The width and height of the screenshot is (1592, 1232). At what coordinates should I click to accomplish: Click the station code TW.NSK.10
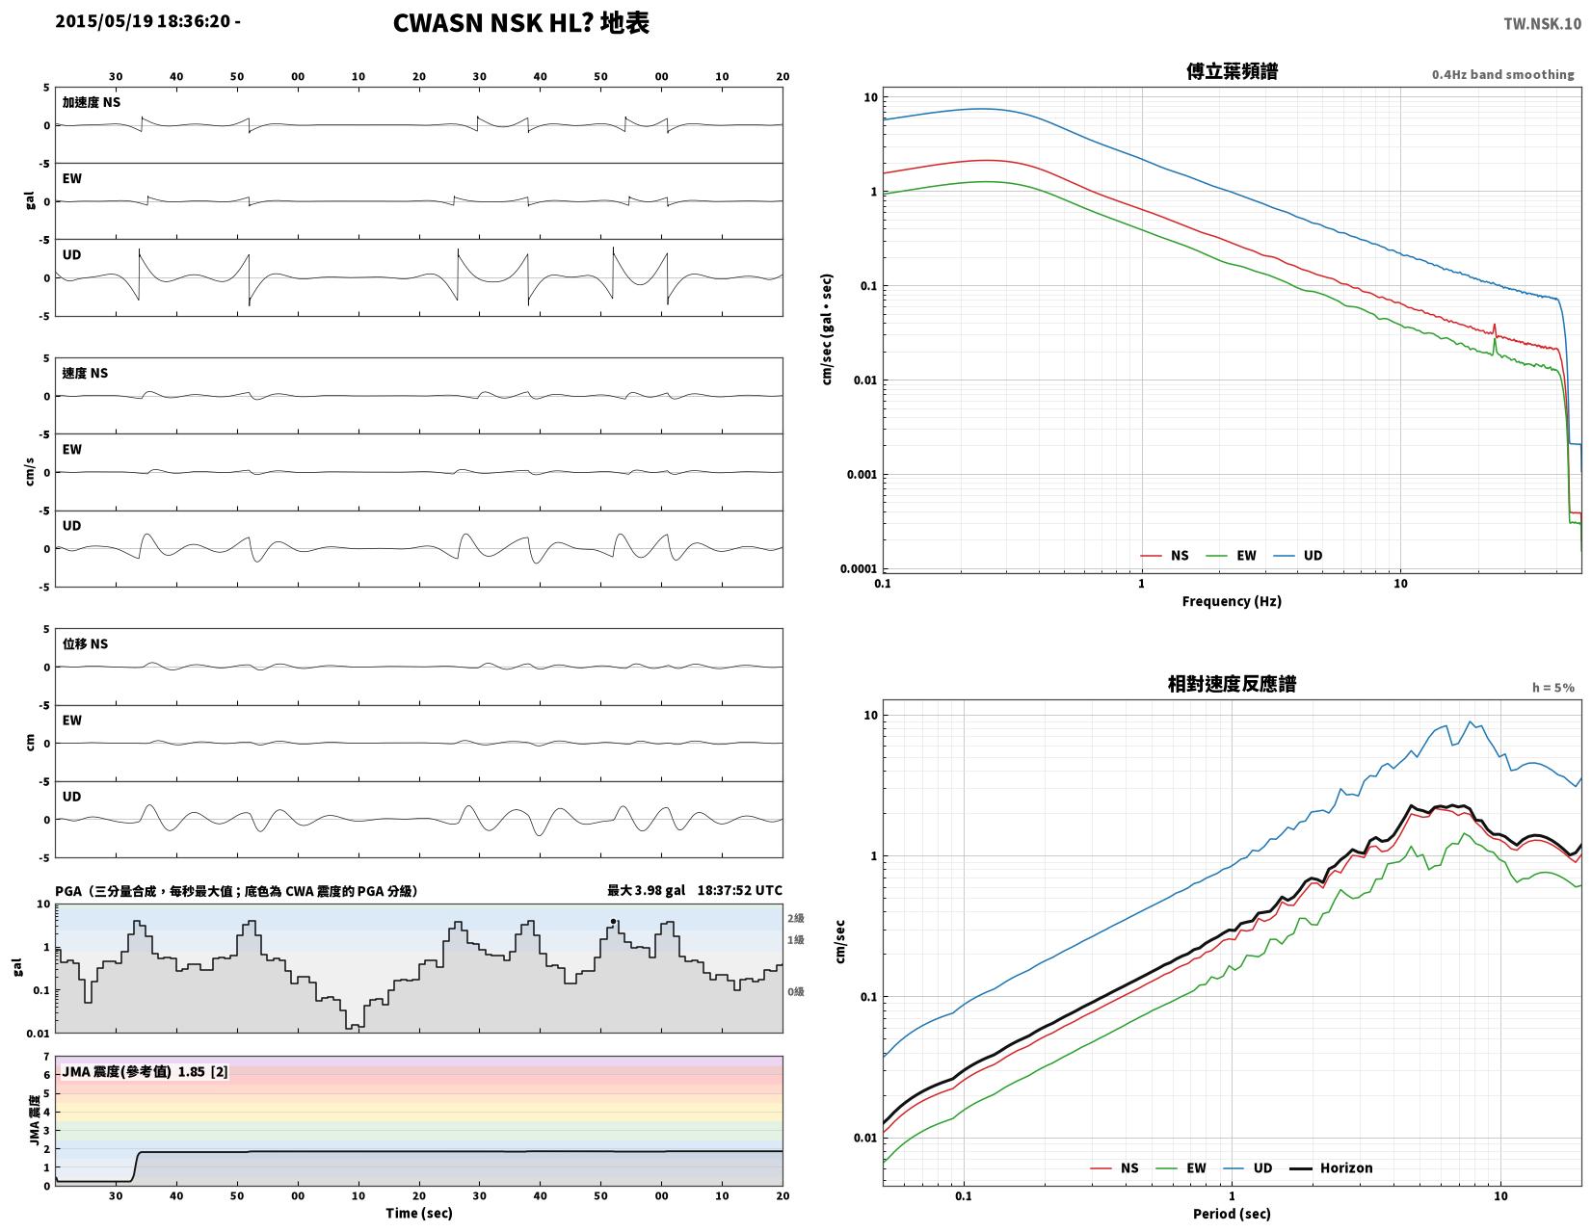tap(1542, 23)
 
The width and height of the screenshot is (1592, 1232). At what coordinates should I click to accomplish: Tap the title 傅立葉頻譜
tap(1231, 71)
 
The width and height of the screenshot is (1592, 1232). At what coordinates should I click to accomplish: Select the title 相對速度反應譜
tap(1231, 683)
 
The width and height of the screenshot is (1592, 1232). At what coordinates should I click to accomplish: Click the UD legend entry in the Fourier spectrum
tap(1297, 555)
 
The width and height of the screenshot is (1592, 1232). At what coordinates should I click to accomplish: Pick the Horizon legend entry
tap(1331, 1167)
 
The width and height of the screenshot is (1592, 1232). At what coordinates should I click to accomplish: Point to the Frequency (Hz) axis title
tap(1231, 601)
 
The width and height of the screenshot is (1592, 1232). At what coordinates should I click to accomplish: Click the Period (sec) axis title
tap(1231, 1213)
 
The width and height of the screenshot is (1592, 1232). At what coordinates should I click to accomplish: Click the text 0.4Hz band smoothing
tap(1501, 74)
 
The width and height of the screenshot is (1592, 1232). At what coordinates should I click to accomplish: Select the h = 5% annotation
tap(1552, 687)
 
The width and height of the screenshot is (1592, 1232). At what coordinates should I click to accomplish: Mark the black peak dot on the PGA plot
tap(613, 921)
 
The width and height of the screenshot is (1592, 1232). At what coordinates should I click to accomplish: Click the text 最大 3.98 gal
tap(646, 890)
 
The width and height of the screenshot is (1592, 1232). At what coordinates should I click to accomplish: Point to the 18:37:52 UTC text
tap(739, 890)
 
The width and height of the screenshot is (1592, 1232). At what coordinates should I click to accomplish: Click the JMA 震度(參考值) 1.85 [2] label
tap(145, 1071)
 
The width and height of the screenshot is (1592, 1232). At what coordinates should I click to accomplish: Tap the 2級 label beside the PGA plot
tap(795, 918)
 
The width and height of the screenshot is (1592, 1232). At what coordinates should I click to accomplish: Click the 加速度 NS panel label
tap(91, 102)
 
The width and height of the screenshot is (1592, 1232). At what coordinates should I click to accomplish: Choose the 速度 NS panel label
tap(84, 374)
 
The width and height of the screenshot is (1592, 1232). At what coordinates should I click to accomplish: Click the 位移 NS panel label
tap(84, 643)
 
